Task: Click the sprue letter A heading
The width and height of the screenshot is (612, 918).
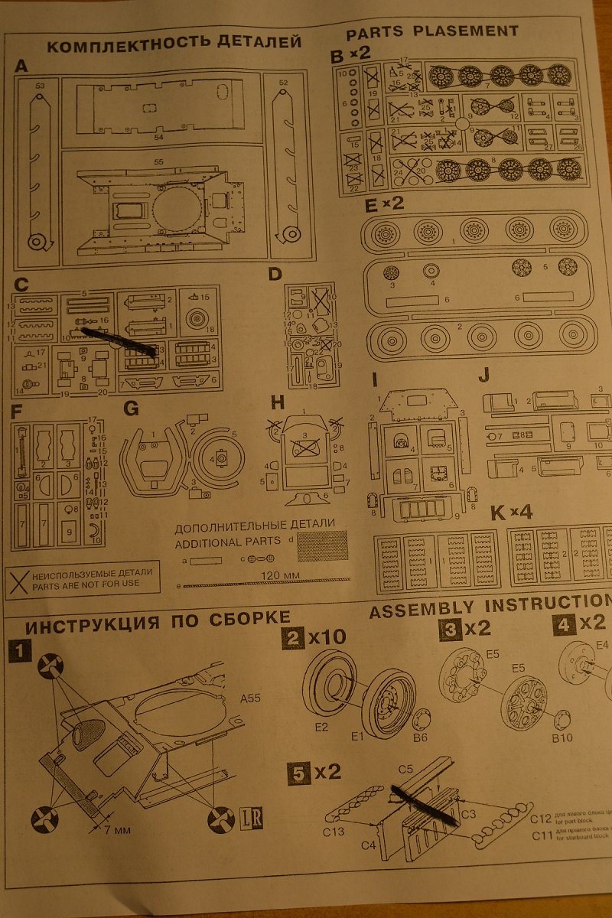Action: pos(21,67)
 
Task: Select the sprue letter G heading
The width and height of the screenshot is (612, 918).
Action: pos(132,409)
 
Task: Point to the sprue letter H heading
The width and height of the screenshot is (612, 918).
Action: pos(277,403)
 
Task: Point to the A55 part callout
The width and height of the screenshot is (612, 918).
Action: pos(251,698)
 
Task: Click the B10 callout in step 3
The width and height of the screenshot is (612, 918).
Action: pos(562,738)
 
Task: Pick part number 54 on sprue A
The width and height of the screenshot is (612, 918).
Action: pos(158,137)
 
